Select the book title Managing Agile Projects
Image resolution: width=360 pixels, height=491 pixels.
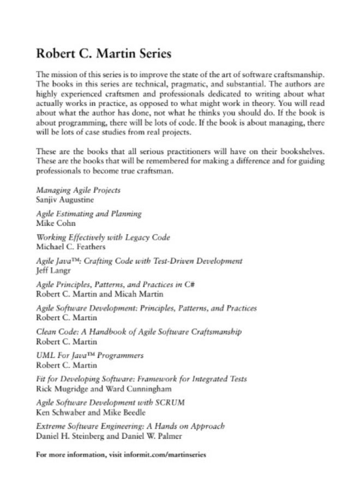tap(78, 190)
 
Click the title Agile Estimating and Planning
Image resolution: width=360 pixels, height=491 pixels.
tap(89, 214)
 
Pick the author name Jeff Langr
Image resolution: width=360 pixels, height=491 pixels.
tap(51, 270)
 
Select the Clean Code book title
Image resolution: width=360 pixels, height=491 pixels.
tap(139, 332)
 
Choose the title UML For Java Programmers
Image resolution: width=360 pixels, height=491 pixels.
tap(89, 355)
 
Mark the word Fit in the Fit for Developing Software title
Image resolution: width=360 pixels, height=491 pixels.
tap(41, 379)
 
